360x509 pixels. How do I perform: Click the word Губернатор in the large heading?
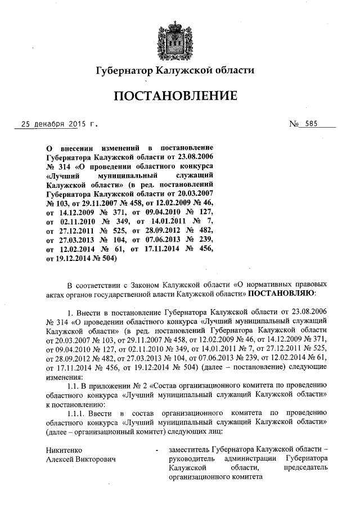(124, 70)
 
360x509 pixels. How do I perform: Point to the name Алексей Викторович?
(80, 460)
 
